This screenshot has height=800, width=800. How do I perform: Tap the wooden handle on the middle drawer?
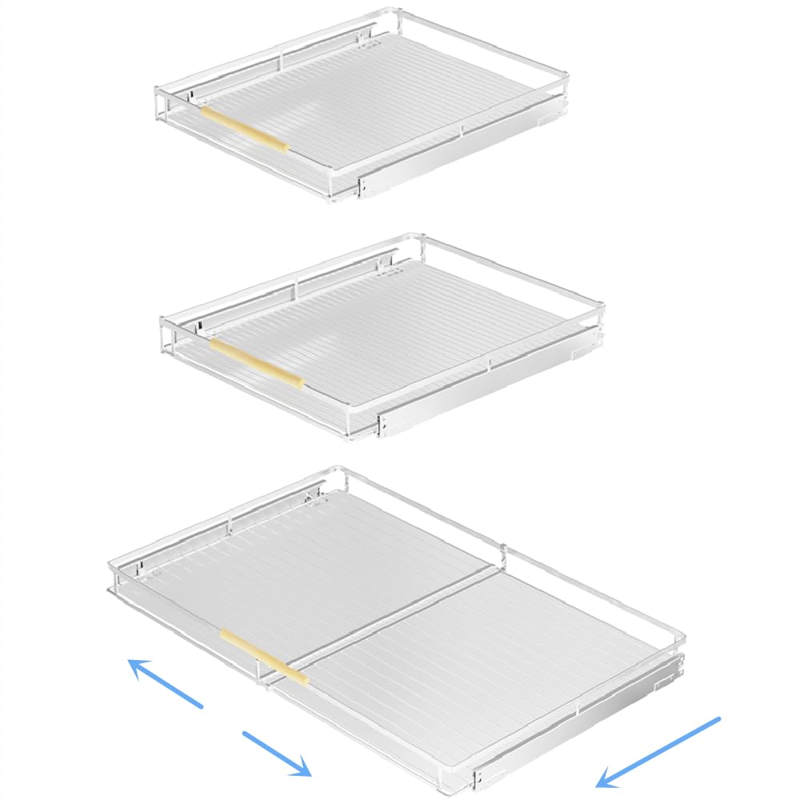256,362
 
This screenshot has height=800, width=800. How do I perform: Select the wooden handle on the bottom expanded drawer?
264,657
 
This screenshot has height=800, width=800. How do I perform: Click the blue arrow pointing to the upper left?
166,682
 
